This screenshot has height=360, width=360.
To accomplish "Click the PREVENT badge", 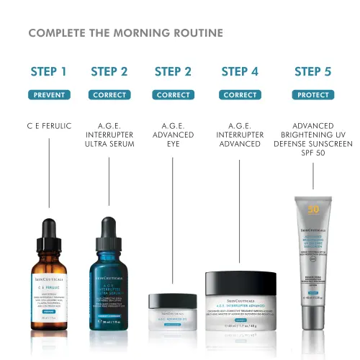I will pos(49,94).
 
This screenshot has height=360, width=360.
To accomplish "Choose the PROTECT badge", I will pos(313,94).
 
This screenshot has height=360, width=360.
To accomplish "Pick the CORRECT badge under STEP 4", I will pos(240,94).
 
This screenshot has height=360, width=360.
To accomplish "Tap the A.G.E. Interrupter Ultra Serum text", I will pos(109,135).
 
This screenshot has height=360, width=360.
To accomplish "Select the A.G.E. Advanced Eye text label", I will pos(173,135).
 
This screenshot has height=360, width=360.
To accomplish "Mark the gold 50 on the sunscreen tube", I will pos(313,210).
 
